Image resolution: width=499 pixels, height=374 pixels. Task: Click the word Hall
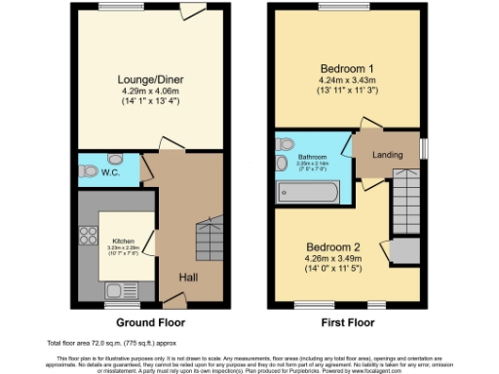tap(188, 279)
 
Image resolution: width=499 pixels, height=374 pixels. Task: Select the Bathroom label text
tap(312, 156)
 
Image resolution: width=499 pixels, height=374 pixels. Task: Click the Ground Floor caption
tap(151, 320)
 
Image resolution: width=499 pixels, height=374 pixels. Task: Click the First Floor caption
tap(347, 320)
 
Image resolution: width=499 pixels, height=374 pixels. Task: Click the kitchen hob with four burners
tap(90, 234)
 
